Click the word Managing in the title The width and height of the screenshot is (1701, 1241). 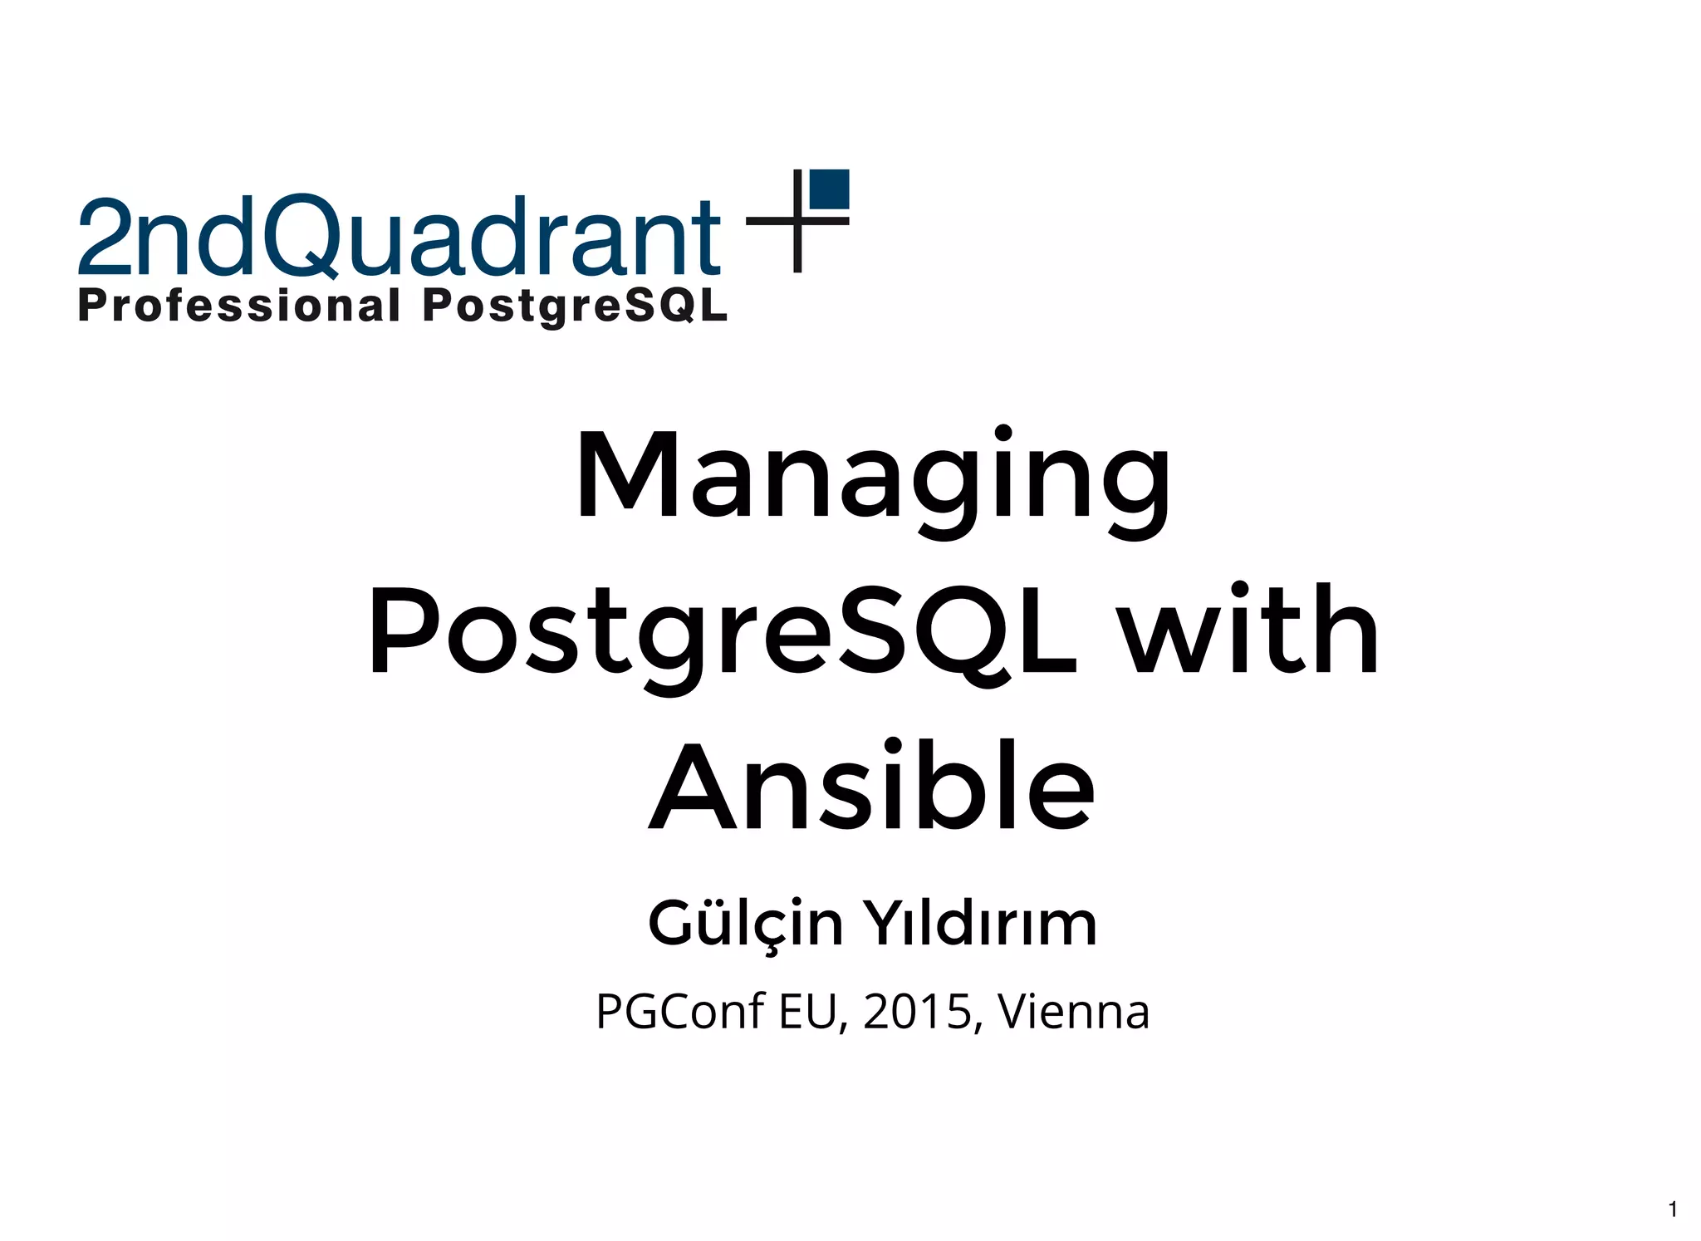pos(872,478)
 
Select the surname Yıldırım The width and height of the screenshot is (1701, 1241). pos(980,924)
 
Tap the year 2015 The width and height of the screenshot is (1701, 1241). pos(917,1013)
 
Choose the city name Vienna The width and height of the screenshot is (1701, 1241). pos(1073,1013)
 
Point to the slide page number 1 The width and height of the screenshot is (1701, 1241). pos(1673,1209)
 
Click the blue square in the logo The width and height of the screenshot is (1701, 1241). pos(829,189)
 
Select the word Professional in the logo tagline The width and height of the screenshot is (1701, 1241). pos(239,306)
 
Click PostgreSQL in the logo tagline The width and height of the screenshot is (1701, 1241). pos(575,306)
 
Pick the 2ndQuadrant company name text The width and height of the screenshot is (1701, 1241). pos(399,237)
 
